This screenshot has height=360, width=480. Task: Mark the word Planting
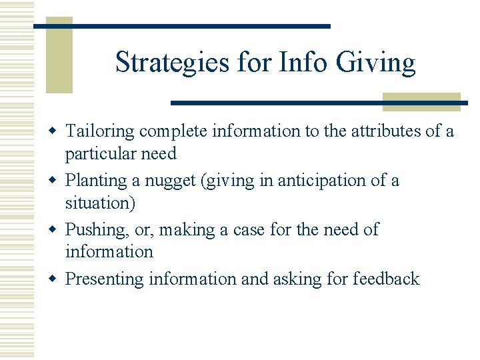coord(95,181)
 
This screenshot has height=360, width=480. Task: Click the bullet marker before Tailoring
coord(56,131)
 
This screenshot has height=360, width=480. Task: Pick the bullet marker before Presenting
coord(56,279)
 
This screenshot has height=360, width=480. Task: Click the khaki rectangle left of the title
coord(58,57)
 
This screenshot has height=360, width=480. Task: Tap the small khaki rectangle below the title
coord(421,101)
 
